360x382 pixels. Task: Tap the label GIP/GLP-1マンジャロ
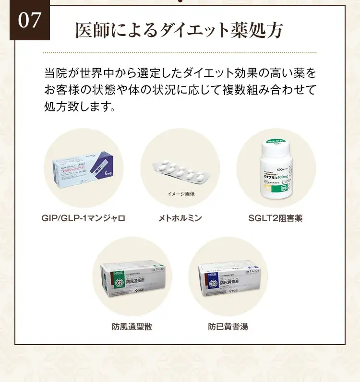84,218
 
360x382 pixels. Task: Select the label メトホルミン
180,218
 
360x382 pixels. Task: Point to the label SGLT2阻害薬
276,218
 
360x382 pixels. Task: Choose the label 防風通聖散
132,327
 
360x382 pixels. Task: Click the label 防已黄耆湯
228,327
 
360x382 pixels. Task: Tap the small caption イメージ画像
180,194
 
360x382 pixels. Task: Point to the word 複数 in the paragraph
243,90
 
